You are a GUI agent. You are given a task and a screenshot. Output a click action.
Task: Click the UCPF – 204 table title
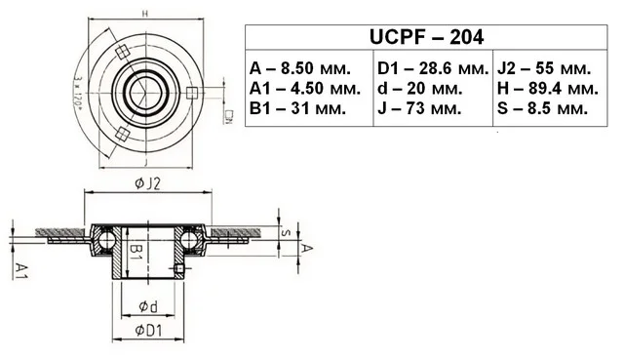[426, 37]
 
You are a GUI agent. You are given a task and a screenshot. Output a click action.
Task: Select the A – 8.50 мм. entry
[300, 68]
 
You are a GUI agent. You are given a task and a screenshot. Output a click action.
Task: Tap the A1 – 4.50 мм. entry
[305, 89]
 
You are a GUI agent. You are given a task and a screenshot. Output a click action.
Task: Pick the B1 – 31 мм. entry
[297, 108]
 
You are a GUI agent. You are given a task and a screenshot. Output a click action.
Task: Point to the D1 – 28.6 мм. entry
[433, 68]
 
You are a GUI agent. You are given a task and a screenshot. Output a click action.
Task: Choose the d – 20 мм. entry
[420, 89]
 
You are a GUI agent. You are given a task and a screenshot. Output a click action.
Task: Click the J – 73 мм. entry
[419, 108]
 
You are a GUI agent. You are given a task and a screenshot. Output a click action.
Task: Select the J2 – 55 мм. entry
[544, 68]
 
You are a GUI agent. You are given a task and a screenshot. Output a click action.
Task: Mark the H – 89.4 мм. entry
[548, 89]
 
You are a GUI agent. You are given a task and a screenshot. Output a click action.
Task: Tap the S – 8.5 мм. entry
[542, 108]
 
